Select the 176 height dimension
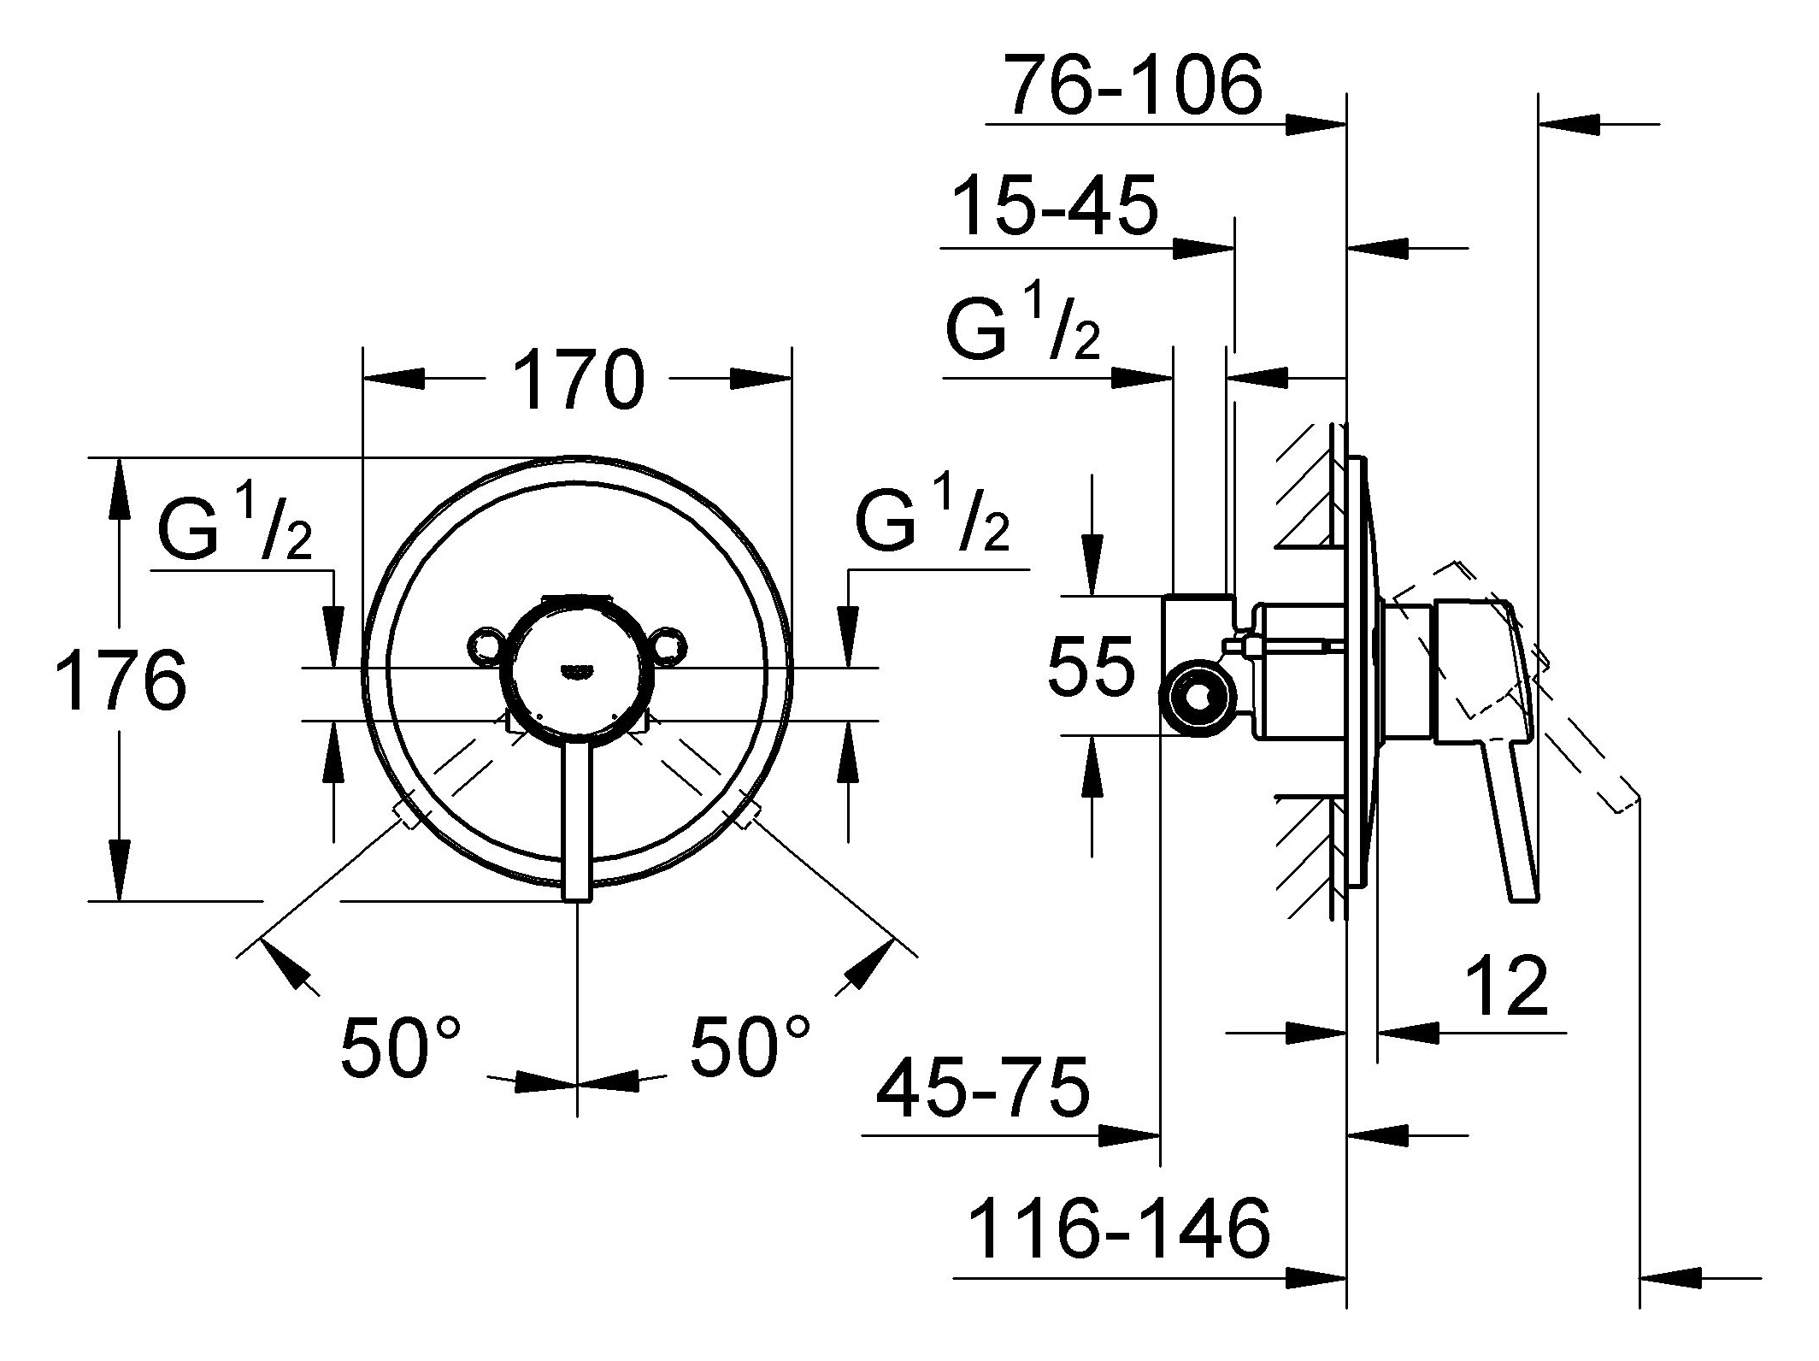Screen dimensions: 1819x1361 121,680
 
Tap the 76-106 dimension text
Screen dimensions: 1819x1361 1132,85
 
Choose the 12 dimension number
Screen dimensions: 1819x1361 1506,985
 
